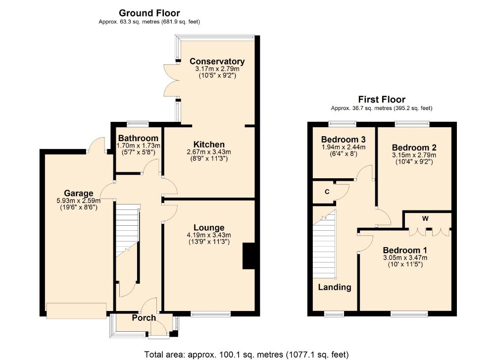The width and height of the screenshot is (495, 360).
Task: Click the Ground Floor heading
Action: coord(149,13)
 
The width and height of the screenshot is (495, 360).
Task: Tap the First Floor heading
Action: coord(382,100)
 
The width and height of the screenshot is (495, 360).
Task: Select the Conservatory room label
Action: coord(217,61)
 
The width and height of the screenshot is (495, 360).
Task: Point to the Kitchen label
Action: coord(209,145)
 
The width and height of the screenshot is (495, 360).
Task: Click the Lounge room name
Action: coord(209,228)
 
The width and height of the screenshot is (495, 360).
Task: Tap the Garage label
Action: coord(79,193)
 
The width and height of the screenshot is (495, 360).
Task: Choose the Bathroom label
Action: coord(138,138)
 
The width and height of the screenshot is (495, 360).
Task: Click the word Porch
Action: coord(144,318)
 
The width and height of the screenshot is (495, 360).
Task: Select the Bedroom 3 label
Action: coord(344,140)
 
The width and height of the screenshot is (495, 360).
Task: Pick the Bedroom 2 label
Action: coord(414,148)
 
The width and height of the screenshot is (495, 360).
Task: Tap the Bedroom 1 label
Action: coord(405,251)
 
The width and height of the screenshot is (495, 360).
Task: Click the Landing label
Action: coord(335,287)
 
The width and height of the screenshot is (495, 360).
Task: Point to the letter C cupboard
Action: coord(327,192)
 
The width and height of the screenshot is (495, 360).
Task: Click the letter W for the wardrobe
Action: coord(425,218)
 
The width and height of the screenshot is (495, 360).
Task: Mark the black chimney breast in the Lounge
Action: coord(248,256)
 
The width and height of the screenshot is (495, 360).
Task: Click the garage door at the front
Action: coord(76,311)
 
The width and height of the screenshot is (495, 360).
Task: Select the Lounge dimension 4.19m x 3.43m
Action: coord(209,235)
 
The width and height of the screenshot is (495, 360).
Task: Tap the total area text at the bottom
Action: coord(247,355)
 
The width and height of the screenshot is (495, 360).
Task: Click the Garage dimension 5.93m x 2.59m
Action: coord(79,201)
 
